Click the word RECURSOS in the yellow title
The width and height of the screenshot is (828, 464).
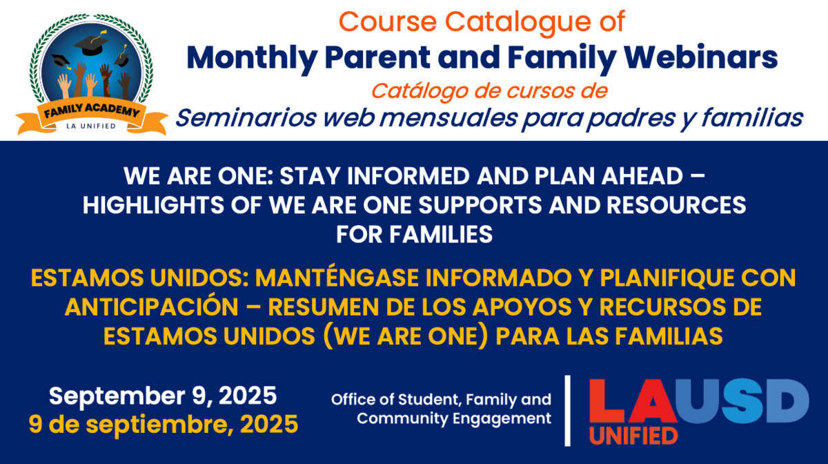669,307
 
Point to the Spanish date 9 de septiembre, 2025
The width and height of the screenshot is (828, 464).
163,423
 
